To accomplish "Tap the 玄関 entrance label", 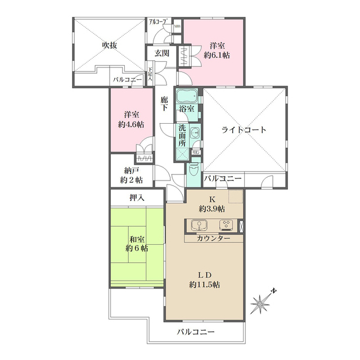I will (x=162, y=53).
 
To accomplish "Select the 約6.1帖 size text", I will (x=217, y=56).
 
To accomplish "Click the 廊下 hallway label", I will (x=164, y=103).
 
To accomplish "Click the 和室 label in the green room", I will (x=137, y=239).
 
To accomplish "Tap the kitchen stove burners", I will (x=226, y=226).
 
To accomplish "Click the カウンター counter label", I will (x=214, y=238).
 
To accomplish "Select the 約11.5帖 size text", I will (x=204, y=285).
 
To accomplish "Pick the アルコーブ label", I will (x=159, y=22).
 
